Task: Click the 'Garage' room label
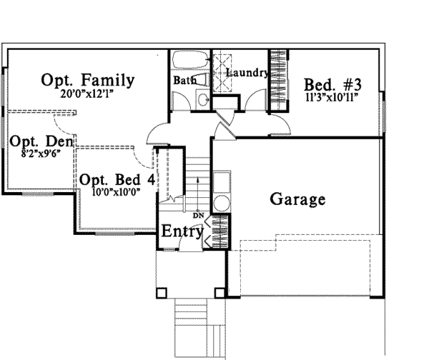coord(297,199)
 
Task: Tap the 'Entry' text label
coord(181,231)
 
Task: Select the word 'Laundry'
coord(247,73)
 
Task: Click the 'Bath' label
coord(184,81)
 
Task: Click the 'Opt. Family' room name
coord(87,79)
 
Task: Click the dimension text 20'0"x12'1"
coord(87,93)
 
